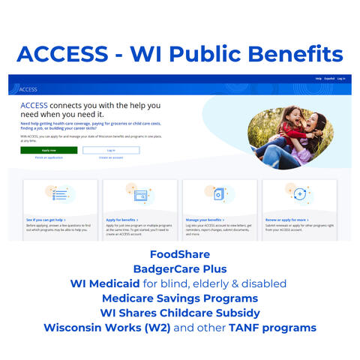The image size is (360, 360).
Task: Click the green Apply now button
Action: point(49,150)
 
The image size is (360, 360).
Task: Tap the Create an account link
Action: point(111,157)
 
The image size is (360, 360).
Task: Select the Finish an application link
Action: point(49,157)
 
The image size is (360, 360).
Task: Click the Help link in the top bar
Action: point(318,78)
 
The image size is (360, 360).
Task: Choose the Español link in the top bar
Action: point(328,78)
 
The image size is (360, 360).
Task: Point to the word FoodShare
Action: point(180,254)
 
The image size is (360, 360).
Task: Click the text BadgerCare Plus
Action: point(180,268)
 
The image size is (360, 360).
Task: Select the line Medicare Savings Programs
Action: point(180,298)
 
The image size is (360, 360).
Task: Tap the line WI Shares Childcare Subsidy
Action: point(180,313)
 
